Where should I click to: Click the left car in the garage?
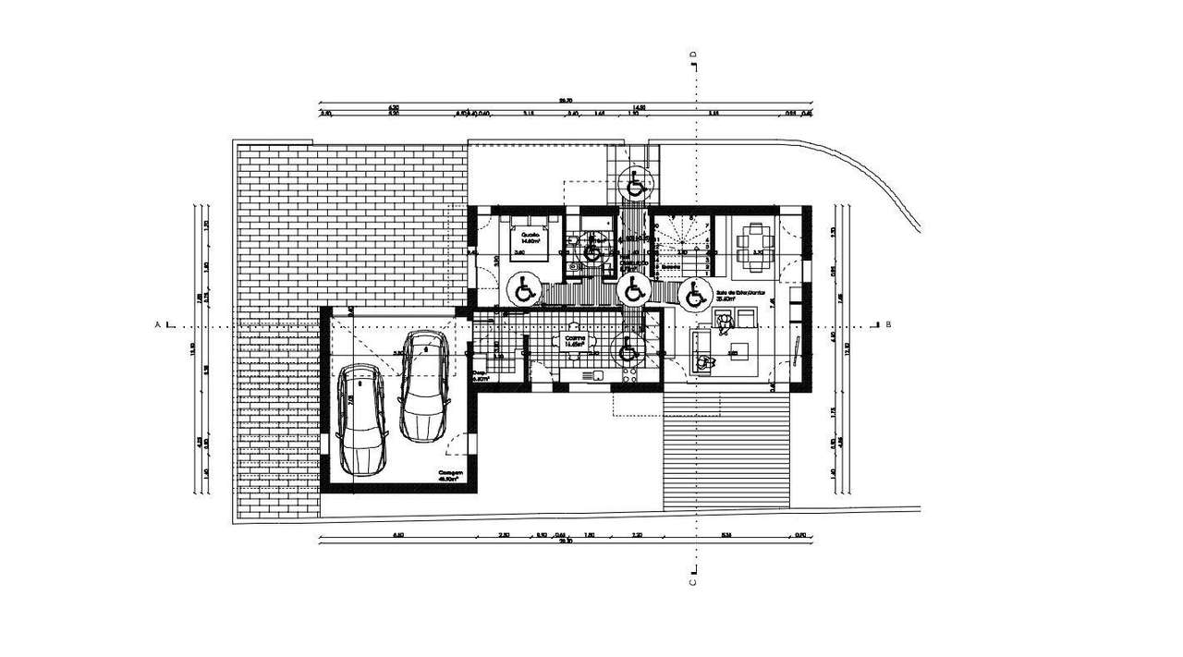point(359,420)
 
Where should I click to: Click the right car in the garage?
point(424,385)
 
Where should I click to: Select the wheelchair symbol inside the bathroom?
point(592,251)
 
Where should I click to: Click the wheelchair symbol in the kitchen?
point(628,349)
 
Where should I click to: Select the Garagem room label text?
point(451,473)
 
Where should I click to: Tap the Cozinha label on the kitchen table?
point(576,339)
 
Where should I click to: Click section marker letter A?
point(158,325)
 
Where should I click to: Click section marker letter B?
point(888,325)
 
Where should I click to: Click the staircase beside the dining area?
point(682,242)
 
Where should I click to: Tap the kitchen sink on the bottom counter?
point(597,376)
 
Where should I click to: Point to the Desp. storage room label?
point(480,375)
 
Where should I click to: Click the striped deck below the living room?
point(726,448)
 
